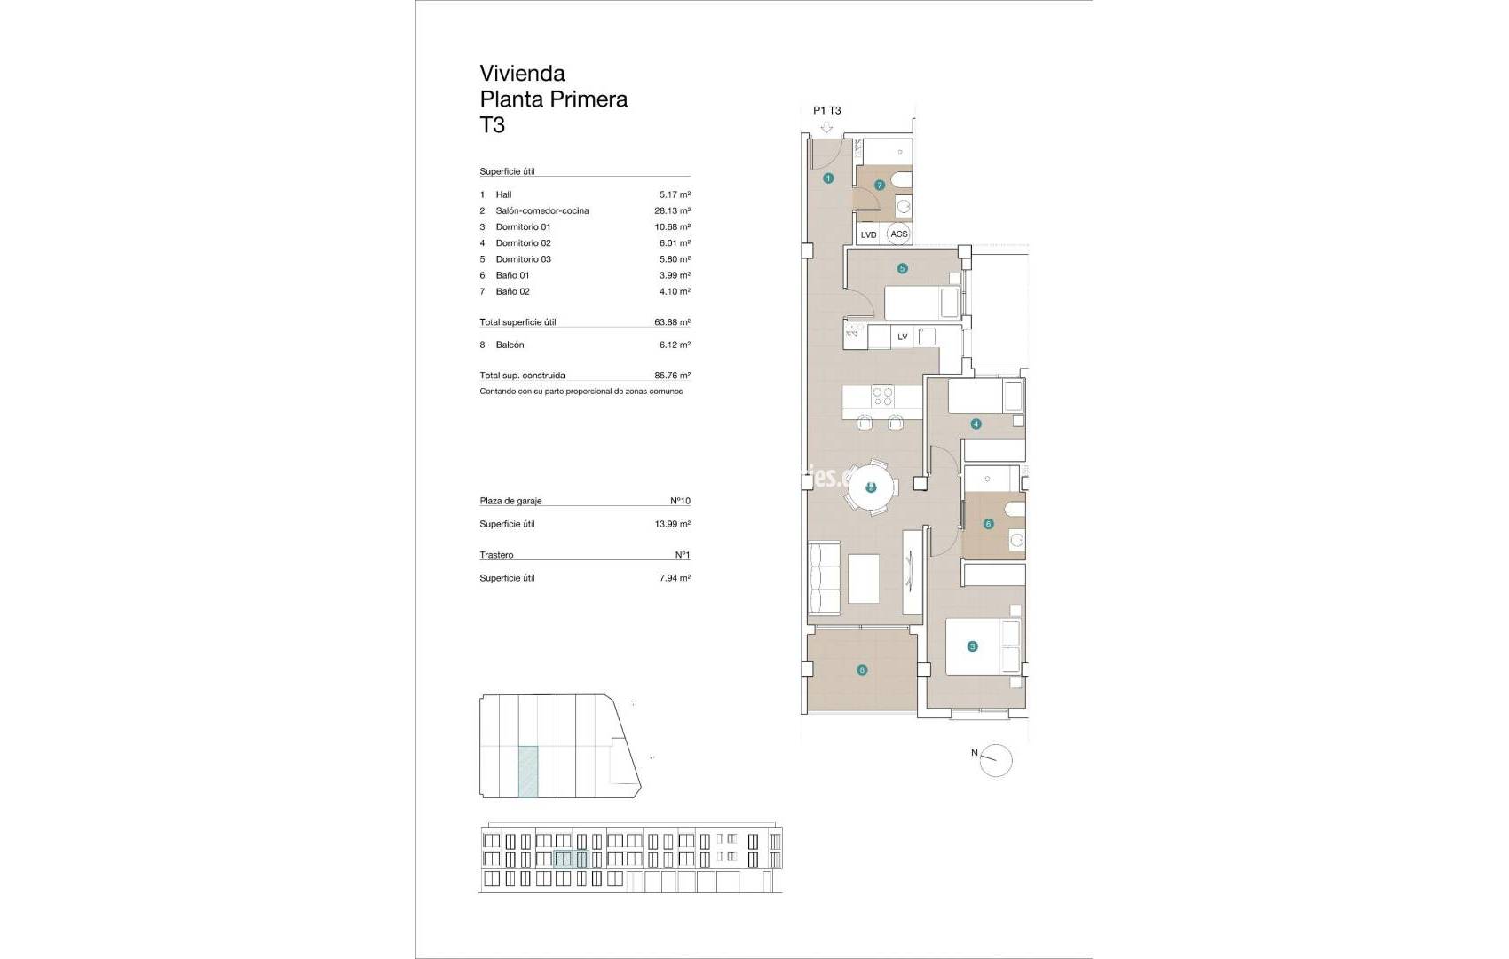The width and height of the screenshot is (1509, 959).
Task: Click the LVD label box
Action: (868, 234)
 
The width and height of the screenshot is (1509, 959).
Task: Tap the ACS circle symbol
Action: (899, 234)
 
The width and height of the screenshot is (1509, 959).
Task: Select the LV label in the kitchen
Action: (903, 337)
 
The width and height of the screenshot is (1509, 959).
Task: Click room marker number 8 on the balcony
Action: (862, 670)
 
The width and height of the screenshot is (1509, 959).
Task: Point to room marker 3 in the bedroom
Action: (973, 646)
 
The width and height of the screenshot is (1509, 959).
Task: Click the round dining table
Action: (871, 487)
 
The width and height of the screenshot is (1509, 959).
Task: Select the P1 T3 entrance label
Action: (826, 111)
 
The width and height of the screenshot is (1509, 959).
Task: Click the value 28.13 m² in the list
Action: (672, 210)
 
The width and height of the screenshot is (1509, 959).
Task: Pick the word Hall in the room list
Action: (503, 194)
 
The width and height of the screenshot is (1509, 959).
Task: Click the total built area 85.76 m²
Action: (672, 375)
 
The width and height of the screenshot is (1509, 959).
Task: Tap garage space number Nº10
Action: (680, 501)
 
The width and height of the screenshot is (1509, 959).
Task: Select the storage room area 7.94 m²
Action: (672, 578)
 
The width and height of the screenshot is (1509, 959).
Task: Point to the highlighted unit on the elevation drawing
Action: (571, 859)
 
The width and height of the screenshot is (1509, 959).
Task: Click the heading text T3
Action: (493, 125)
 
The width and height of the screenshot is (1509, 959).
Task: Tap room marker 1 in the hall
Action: (828, 178)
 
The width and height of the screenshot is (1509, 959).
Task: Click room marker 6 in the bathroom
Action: (989, 524)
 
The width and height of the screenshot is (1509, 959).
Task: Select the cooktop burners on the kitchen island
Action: (881, 396)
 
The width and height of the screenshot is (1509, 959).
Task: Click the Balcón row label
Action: (510, 345)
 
